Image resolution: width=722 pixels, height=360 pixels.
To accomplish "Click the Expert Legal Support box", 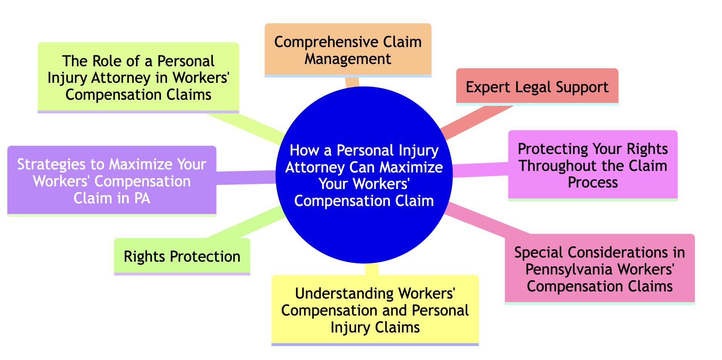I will click(537, 87).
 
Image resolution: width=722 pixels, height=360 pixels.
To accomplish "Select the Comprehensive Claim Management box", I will click(348, 50).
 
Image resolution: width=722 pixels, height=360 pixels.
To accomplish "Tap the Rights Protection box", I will click(182, 256).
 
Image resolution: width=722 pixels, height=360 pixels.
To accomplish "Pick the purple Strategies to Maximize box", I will click(112, 181).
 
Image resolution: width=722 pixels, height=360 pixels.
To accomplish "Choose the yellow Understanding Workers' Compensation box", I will click(375, 310).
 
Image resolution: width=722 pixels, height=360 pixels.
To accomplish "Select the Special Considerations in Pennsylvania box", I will click(600, 269).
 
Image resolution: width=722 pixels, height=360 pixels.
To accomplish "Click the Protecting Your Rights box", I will click(593, 165).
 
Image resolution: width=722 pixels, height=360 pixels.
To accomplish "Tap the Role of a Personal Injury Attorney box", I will click(138, 78).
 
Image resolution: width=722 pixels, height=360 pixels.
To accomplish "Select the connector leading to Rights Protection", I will click(245, 223).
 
